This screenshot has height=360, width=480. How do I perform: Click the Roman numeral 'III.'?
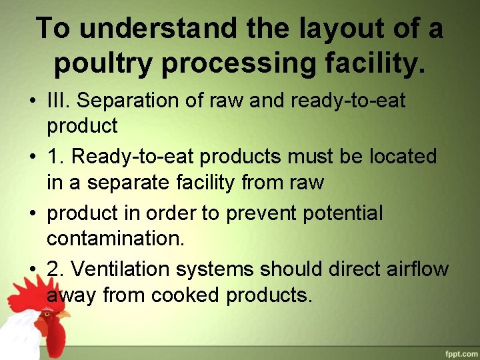pyautogui.click(x=57, y=101)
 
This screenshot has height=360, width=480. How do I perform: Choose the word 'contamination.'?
pyautogui.click(x=115, y=238)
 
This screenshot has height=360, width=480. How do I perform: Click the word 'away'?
pyautogui.click(x=71, y=294)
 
